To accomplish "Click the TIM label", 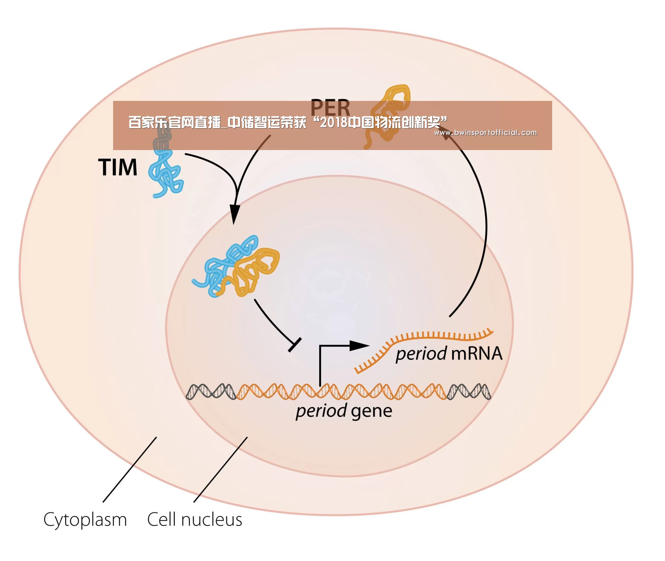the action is point(118,167).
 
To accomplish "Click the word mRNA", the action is point(476,354).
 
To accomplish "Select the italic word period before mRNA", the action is point(421,354).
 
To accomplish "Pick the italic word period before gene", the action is point(321,411).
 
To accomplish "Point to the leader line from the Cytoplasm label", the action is point(130,470).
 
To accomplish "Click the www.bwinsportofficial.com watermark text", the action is point(486,132).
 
